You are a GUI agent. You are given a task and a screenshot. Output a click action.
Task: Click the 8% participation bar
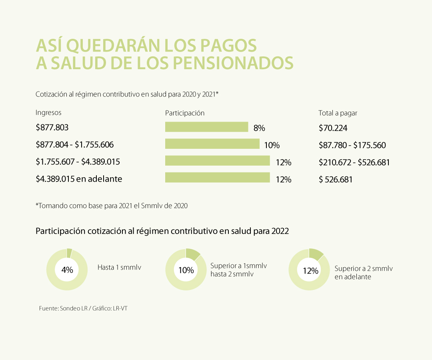point(206,127)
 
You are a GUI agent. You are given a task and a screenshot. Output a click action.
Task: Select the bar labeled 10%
point(212,144)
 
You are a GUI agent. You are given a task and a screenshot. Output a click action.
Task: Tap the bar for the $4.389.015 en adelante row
point(217,178)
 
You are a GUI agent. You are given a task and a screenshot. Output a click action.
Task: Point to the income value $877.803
point(52,128)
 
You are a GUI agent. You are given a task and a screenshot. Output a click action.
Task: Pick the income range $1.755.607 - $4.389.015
point(78,162)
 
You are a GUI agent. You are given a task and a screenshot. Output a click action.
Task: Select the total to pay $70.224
point(333,128)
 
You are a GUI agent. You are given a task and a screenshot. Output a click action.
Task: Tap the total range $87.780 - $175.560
point(352,145)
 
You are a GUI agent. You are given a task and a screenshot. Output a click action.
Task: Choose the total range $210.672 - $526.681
point(354,162)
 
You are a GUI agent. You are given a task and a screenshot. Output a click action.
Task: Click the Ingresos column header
point(48,113)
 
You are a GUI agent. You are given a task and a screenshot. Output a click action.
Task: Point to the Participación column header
point(185,113)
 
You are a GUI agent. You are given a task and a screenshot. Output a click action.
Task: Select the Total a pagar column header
point(338,113)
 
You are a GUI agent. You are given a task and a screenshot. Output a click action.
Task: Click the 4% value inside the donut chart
point(67,270)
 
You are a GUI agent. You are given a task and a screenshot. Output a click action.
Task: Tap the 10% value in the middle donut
point(186,270)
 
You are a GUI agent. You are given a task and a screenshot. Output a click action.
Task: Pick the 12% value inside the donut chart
point(310,271)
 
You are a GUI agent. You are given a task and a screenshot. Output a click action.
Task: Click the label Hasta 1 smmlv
point(119,267)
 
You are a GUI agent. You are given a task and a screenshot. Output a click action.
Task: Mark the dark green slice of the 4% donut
point(69,252)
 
